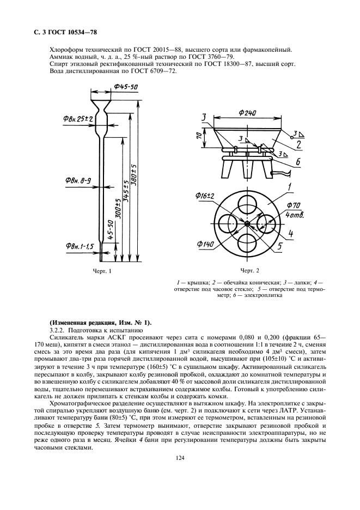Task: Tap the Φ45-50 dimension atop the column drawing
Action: (x=126, y=87)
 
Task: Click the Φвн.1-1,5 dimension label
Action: (x=80, y=246)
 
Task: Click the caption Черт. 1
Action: (x=102, y=271)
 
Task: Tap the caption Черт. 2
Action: (x=250, y=271)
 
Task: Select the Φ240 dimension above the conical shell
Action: (x=248, y=113)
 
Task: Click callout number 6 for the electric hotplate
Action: (x=298, y=162)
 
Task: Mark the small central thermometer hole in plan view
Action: (x=247, y=223)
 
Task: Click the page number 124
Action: (x=180, y=458)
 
